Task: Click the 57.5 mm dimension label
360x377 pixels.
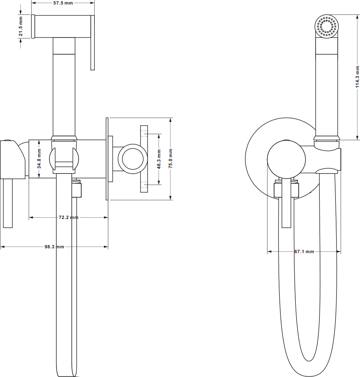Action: click(x=63, y=3)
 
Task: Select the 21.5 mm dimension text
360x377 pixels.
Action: click(x=21, y=26)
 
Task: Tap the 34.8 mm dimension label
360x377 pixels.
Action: click(x=39, y=159)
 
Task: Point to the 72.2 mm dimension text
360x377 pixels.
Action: click(x=69, y=217)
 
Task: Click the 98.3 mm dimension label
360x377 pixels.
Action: click(x=54, y=247)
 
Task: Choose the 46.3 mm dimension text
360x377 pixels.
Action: click(x=159, y=159)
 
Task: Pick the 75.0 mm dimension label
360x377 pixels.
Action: click(x=170, y=158)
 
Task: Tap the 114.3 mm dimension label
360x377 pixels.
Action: click(x=357, y=77)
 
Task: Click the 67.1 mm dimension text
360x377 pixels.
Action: click(x=304, y=252)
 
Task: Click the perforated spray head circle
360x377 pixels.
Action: click(x=326, y=26)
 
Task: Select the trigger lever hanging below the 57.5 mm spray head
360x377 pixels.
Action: click(x=92, y=43)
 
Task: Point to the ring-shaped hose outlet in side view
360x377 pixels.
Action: click(x=133, y=159)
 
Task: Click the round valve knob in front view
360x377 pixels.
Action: click(x=286, y=159)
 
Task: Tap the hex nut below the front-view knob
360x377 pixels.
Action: click(x=286, y=190)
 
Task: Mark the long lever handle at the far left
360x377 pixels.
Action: click(x=8, y=203)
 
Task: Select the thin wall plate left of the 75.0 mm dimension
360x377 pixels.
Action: click(x=107, y=159)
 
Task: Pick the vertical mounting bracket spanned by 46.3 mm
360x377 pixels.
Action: click(x=144, y=159)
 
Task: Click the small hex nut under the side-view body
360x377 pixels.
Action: click(x=76, y=190)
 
